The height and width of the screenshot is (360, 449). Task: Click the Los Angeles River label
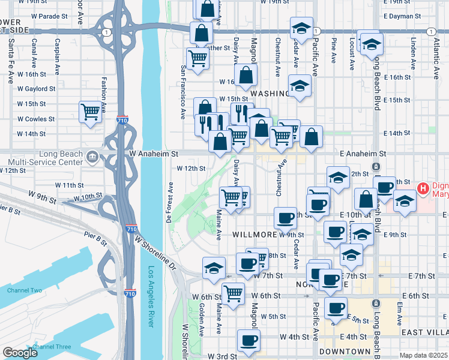tap(152, 296)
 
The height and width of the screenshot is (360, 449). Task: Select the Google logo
tap(20, 353)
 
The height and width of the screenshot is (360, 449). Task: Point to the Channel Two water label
tap(24, 290)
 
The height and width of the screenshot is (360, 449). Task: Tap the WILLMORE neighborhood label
tap(253, 234)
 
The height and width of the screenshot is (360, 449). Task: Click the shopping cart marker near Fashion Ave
tap(90, 112)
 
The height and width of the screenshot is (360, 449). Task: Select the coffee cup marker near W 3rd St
tap(247, 341)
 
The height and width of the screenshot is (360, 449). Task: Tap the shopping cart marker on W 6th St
tap(233, 293)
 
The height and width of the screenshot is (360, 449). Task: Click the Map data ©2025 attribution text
tap(424, 355)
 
